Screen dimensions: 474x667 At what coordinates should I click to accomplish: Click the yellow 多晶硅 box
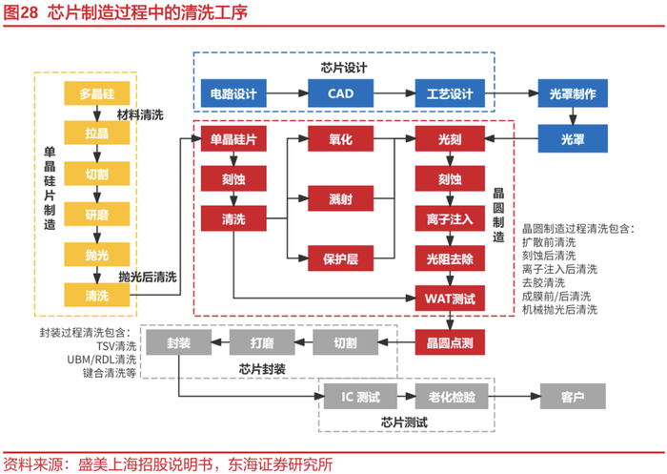tap(96, 93)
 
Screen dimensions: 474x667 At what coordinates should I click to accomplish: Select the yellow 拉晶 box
tap(96, 134)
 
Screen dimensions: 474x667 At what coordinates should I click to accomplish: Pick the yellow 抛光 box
tap(96, 255)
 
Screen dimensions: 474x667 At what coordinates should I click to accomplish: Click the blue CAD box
tap(341, 93)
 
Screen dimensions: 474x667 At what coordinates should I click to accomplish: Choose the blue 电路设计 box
tap(233, 93)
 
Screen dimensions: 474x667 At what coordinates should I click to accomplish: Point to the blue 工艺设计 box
tap(449, 93)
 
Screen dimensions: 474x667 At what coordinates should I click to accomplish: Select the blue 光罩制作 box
tap(574, 93)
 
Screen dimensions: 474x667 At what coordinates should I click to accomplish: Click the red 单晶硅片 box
tap(233, 139)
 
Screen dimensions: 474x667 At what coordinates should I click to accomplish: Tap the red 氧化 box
tap(341, 139)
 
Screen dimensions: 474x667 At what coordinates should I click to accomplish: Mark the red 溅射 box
tap(341, 198)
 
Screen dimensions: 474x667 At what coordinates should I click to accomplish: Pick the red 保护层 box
tap(341, 257)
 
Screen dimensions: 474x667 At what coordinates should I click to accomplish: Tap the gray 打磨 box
tap(261, 342)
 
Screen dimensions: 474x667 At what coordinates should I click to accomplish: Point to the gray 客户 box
tap(574, 394)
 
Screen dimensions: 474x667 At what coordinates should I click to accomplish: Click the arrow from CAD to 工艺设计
tap(394, 93)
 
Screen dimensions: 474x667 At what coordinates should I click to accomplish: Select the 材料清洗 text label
tap(140, 114)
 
